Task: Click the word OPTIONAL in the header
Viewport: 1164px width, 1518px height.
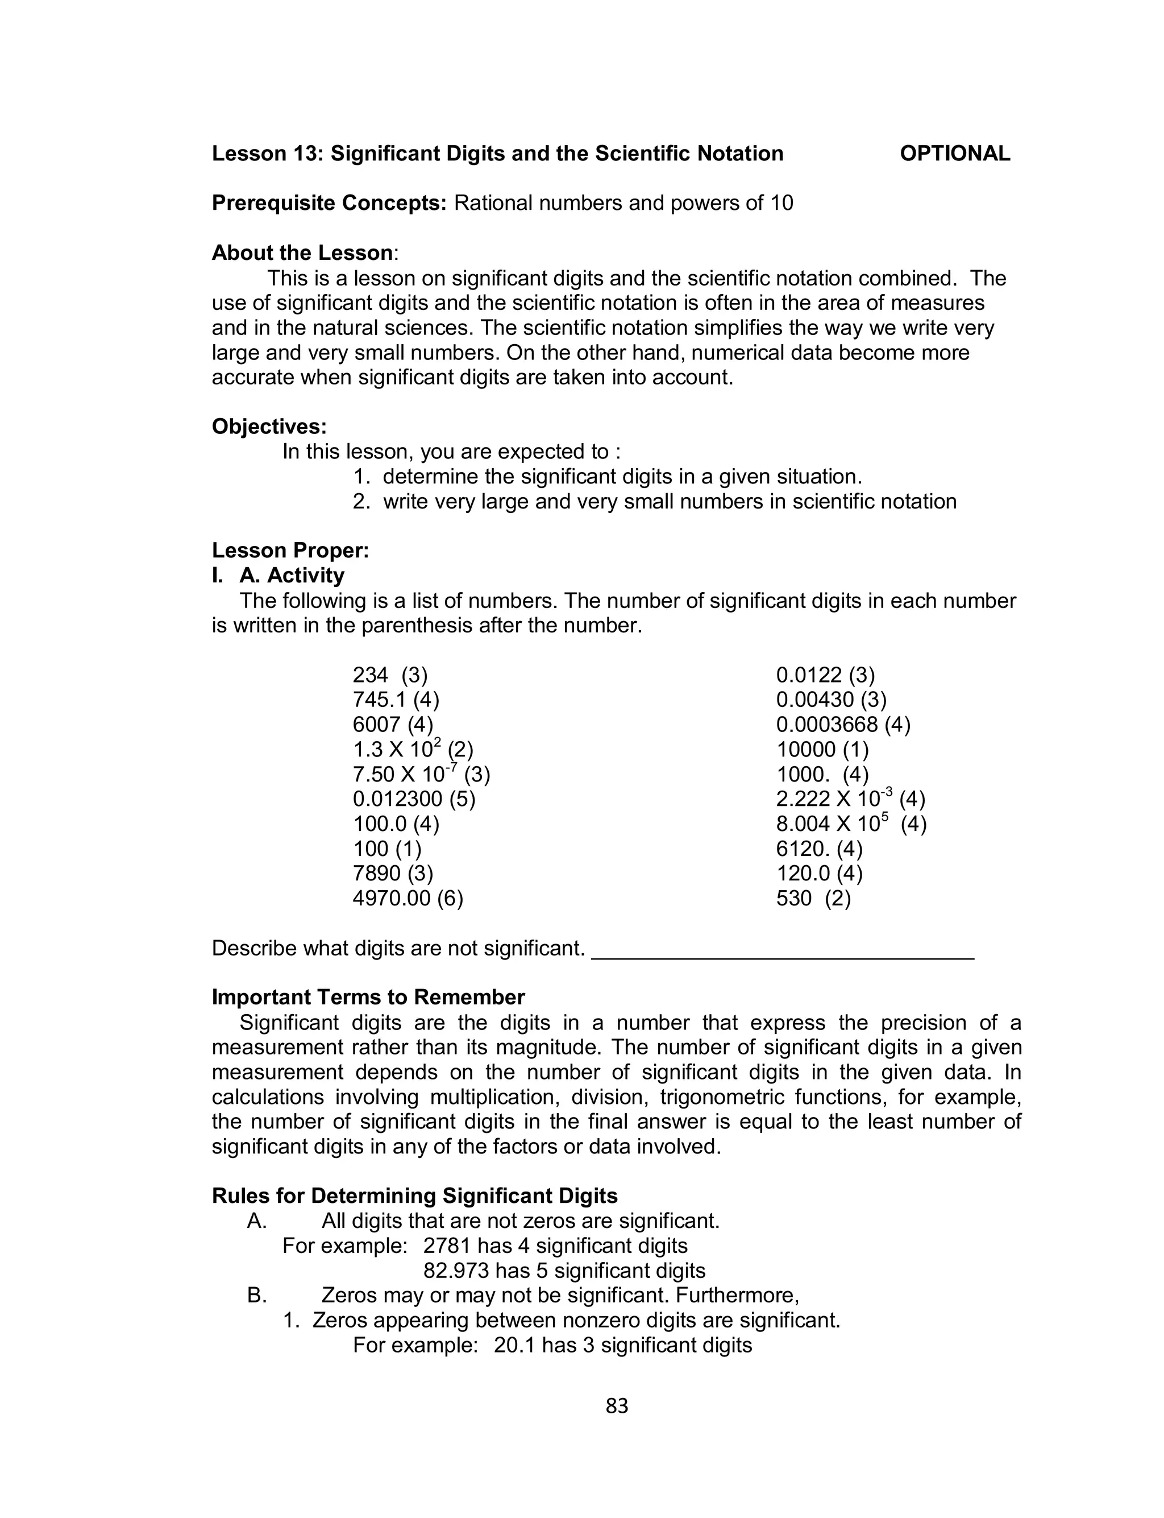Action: point(954,153)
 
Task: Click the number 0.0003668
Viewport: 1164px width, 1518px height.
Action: point(826,725)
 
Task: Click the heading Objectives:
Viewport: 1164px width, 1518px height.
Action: point(269,427)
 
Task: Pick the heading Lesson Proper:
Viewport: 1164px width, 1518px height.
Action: point(290,551)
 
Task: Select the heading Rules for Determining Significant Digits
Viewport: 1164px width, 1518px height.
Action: point(414,1196)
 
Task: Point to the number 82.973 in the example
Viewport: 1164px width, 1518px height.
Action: point(456,1271)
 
